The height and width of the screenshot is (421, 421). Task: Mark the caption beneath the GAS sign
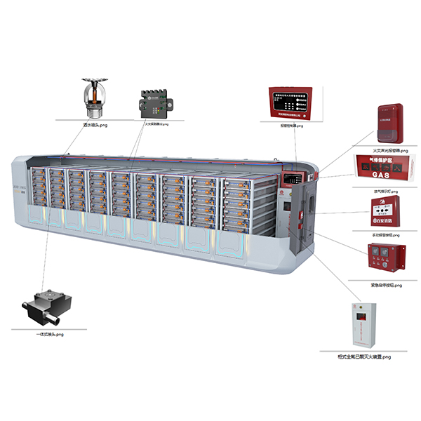pyautogui.click(x=383, y=189)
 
